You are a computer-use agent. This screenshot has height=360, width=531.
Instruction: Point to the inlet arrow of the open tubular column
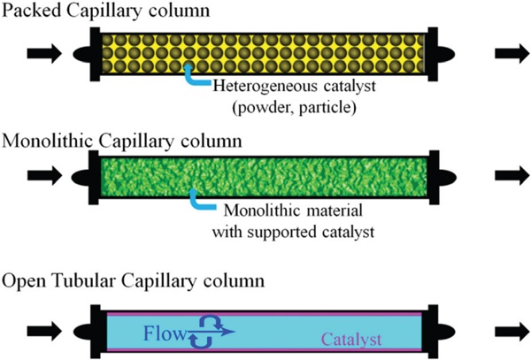[43, 332]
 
